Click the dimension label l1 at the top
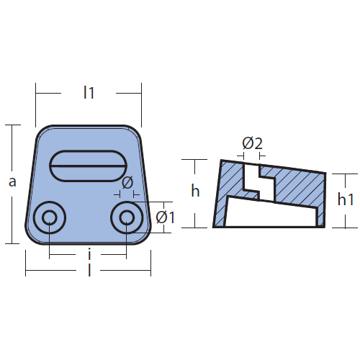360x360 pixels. (89, 93)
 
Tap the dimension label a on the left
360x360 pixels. (12, 182)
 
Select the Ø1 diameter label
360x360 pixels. (165, 217)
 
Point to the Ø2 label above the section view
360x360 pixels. (252, 143)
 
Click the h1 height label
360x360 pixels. (346, 199)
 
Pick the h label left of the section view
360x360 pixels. (195, 191)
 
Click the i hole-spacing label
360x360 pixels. (89, 255)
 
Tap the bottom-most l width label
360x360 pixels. (89, 270)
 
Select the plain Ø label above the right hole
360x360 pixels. (127, 183)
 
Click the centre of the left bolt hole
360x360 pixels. (50, 217)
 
